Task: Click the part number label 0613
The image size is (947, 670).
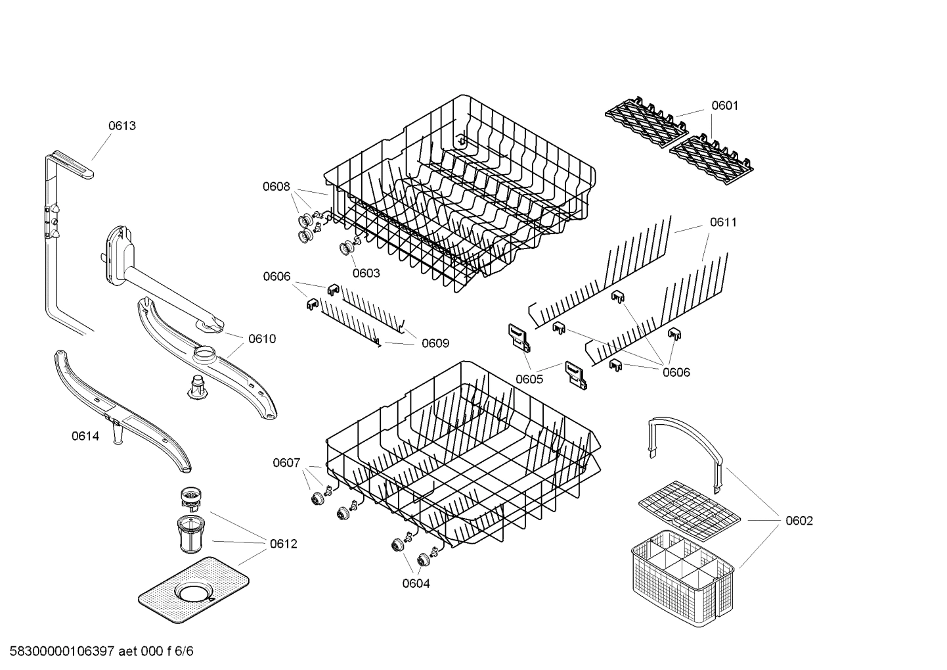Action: [122, 126]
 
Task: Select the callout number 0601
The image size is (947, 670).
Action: [724, 105]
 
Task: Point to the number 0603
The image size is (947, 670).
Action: [366, 273]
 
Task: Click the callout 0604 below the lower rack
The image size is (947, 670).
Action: [416, 583]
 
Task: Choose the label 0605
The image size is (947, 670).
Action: [529, 379]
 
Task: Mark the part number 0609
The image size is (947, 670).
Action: [435, 343]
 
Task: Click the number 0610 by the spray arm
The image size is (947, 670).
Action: [262, 339]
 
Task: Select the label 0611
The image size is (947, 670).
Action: [722, 222]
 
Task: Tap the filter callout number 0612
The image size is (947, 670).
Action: [283, 544]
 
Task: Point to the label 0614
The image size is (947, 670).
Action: [85, 436]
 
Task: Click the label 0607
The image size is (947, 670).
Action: [286, 463]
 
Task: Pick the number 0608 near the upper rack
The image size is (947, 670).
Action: [276, 186]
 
